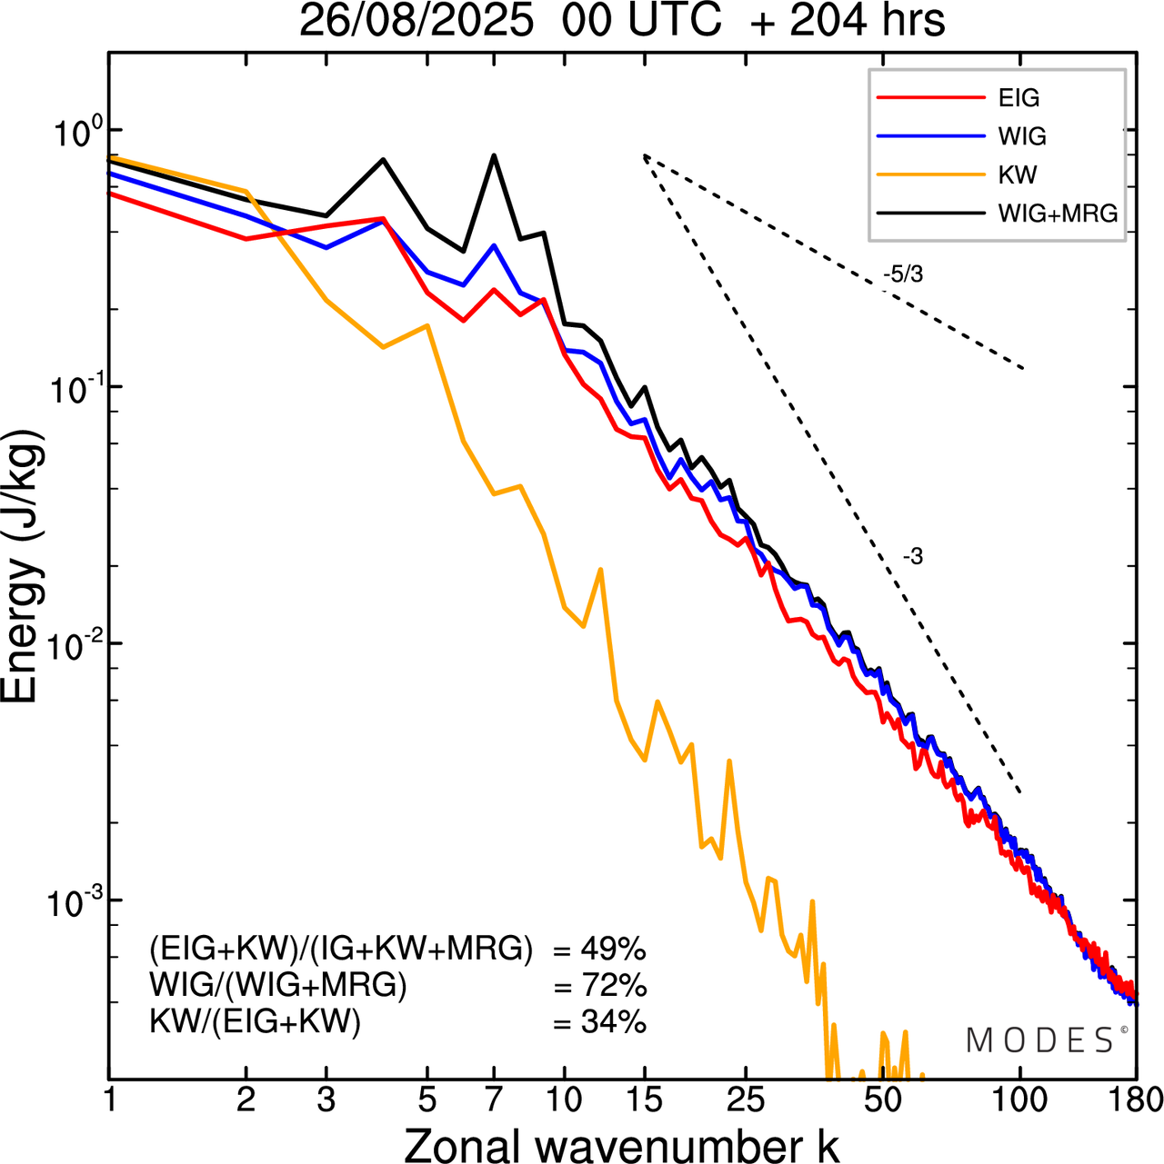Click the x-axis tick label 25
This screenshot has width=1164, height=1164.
[x=746, y=1099]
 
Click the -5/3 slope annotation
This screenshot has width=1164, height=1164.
[x=903, y=274]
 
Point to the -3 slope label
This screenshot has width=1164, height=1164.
[x=913, y=557]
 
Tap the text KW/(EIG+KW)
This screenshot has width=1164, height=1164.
[x=256, y=1022]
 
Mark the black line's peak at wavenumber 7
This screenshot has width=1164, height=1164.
[x=494, y=155]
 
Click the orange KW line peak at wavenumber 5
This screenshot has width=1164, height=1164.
[x=427, y=325]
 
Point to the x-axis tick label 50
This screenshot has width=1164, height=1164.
[x=882, y=1099]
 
